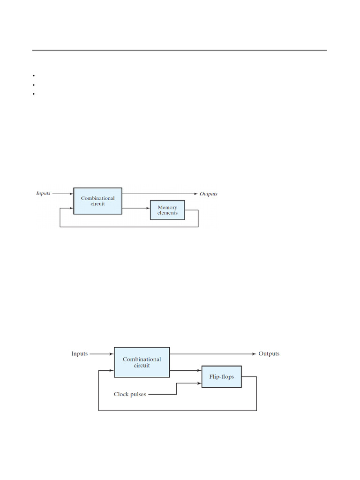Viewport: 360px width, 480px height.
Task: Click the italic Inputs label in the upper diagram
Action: (44, 193)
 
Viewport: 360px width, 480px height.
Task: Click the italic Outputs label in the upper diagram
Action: (209, 194)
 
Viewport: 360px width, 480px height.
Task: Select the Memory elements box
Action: (167, 210)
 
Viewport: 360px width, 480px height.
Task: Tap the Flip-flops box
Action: (221, 377)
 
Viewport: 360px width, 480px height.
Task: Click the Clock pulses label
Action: (130, 394)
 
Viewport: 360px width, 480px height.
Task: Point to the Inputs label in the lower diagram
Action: (79, 353)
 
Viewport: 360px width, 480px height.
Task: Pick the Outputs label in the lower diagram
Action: (269, 353)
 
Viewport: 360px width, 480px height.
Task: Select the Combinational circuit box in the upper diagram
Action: (97, 202)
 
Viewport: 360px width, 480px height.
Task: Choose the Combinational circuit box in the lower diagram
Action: (142, 362)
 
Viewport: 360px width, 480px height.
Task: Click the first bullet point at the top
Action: (35, 75)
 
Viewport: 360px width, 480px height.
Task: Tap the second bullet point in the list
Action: (35, 85)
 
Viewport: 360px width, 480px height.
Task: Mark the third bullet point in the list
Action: (35, 94)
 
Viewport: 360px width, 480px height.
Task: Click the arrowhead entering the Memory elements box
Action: (148, 208)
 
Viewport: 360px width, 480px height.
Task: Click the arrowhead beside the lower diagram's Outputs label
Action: (254, 353)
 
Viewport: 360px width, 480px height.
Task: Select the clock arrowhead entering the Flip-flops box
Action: (200, 383)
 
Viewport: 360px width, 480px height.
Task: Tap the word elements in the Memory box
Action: (167, 213)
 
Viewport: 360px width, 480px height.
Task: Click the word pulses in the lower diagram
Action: (138, 394)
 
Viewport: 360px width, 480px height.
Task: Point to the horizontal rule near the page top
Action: (180, 50)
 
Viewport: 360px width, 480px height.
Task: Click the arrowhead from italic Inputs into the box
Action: (71, 193)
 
